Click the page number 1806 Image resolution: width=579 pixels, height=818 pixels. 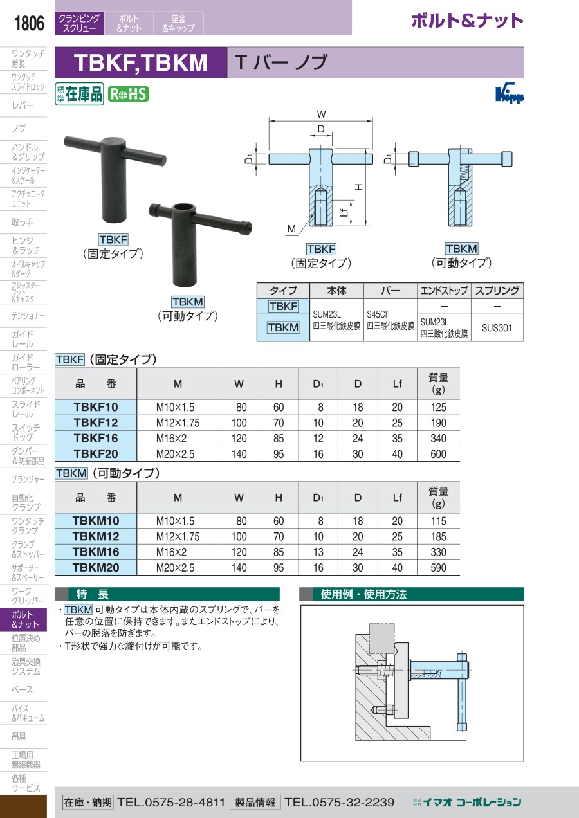click(29, 23)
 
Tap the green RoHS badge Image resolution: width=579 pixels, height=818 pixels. click(129, 95)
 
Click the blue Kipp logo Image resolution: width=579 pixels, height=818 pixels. click(510, 95)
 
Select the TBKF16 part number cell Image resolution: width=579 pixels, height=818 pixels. click(96, 438)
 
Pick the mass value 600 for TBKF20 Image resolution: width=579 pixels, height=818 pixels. click(438, 454)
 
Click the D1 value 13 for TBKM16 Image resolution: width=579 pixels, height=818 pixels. click(318, 552)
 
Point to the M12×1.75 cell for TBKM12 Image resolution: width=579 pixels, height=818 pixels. click(178, 536)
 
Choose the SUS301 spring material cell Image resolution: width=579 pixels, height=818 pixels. click(497, 328)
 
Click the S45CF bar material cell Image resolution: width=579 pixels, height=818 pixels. click(390, 320)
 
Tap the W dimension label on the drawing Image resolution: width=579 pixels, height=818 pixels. click(321, 114)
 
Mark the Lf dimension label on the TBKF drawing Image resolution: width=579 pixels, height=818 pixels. click(344, 212)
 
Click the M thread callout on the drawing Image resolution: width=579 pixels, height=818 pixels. click(291, 228)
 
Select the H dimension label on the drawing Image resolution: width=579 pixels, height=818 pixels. click(359, 187)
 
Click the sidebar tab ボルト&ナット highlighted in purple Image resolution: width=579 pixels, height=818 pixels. click(23, 619)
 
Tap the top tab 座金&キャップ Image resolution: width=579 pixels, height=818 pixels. click(178, 23)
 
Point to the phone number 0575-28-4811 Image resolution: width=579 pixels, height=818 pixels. click(185, 802)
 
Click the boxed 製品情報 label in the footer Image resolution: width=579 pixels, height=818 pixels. click(255, 802)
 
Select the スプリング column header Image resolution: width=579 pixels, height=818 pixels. click(497, 291)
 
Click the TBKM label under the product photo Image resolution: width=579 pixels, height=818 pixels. click(188, 302)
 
